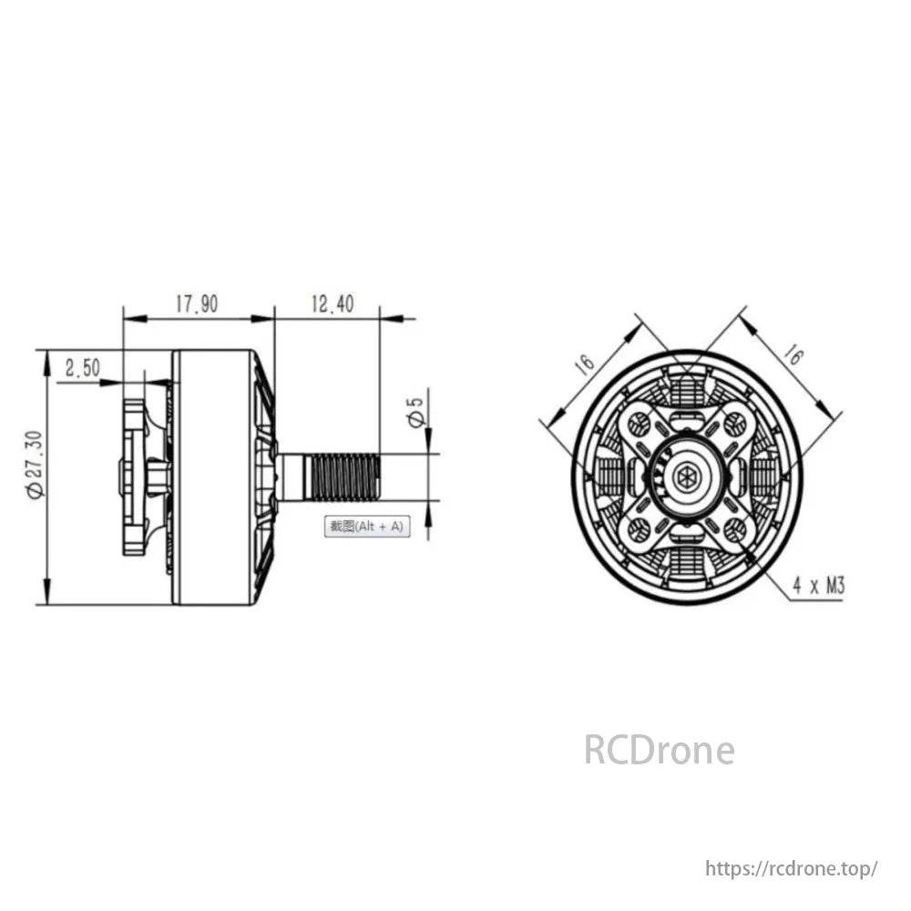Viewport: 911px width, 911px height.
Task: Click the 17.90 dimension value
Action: click(197, 304)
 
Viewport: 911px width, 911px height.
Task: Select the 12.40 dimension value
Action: click(333, 304)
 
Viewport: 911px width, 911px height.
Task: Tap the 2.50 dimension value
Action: click(83, 368)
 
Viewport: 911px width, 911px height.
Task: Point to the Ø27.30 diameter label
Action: click(35, 465)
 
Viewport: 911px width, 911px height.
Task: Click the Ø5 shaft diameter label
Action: click(416, 413)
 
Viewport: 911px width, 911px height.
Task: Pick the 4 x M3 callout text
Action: click(819, 585)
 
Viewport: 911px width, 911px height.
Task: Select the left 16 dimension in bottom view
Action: click(585, 363)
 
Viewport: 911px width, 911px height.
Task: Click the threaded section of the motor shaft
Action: click(346, 477)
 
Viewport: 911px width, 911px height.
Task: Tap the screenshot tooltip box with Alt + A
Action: click(366, 527)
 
